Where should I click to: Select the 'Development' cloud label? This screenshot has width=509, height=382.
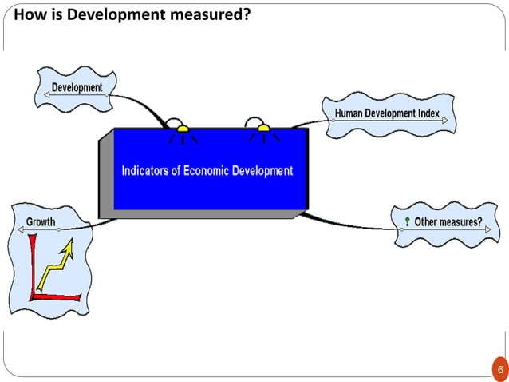pos(77,86)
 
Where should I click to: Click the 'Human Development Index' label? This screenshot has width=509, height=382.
pos(387,113)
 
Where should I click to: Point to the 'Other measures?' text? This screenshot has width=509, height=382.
pos(448,221)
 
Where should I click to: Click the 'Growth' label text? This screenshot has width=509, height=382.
pos(41,221)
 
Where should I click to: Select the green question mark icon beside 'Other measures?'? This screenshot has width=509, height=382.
pos(407,221)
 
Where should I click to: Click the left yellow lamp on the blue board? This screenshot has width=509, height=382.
pos(183,128)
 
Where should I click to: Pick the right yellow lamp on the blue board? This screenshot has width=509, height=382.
pos(263,128)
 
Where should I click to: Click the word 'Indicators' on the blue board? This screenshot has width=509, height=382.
pos(148,170)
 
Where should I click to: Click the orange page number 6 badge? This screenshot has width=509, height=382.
pos(500,370)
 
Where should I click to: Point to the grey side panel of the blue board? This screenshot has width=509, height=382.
pos(105,177)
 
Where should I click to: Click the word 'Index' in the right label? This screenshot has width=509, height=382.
pos(428,113)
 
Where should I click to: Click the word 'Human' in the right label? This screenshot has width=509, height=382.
pos(350,113)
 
